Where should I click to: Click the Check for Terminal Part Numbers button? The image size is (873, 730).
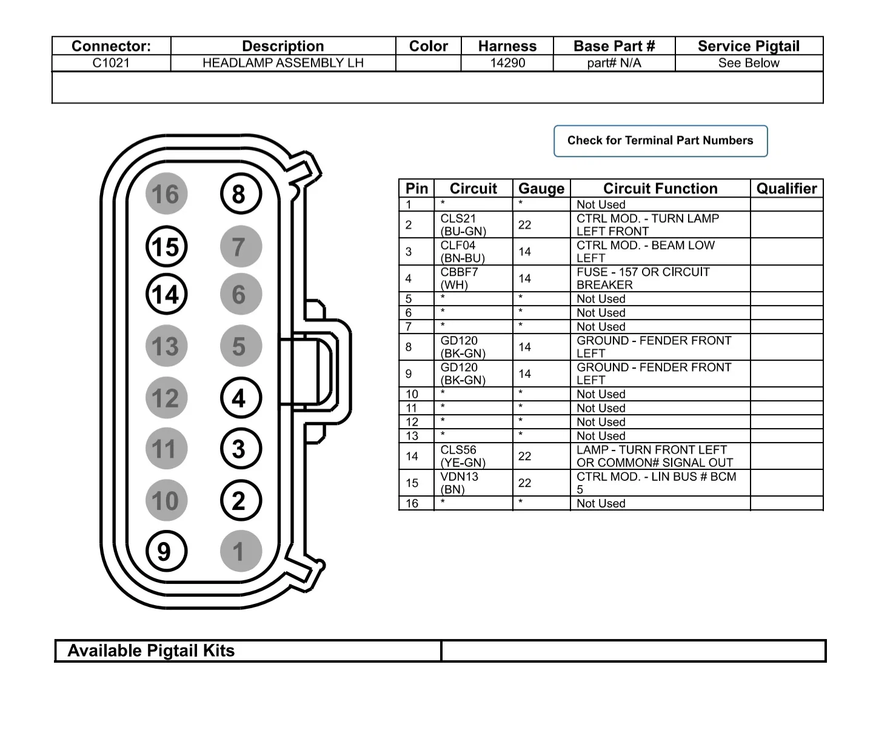click(x=660, y=141)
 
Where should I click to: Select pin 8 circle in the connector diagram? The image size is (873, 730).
click(x=240, y=195)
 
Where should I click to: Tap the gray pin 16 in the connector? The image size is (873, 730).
click(x=166, y=195)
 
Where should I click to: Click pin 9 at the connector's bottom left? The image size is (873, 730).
click(x=166, y=552)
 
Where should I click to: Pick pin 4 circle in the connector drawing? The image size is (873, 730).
click(x=240, y=398)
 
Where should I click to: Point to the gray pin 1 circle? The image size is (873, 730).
click(x=240, y=552)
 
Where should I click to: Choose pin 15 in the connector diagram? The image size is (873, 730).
click(x=166, y=247)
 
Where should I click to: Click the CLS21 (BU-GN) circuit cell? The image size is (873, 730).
click(x=463, y=225)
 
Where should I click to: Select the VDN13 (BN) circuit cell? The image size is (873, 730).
click(x=460, y=483)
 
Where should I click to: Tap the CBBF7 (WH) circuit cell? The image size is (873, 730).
click(x=459, y=278)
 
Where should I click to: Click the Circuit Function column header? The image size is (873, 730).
click(x=660, y=189)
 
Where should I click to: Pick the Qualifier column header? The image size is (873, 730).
click(x=786, y=189)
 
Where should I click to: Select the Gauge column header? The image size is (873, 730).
click(x=541, y=189)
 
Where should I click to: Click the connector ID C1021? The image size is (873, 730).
click(x=111, y=63)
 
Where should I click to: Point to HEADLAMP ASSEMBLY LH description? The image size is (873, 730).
click(x=283, y=63)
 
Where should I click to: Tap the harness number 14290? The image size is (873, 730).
click(x=507, y=63)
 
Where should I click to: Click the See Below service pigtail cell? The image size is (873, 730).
click(x=749, y=63)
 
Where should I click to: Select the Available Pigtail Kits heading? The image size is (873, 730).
click(x=151, y=651)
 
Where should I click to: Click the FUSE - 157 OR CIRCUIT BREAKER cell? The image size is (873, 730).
click(x=643, y=278)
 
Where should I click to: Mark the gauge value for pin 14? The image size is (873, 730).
click(x=525, y=457)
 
